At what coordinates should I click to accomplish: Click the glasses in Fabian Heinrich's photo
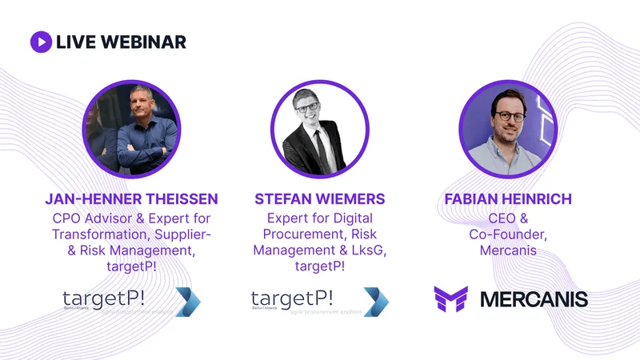pos(509,115)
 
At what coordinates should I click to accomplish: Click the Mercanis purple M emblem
pos(450,299)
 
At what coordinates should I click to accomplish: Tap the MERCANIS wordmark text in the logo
pos(534,299)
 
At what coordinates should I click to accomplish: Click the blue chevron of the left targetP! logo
pos(189,301)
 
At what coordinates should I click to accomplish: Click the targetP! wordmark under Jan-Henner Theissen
pos(104,298)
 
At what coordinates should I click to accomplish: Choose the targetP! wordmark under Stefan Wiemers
pos(291,298)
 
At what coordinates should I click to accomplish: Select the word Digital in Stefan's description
pos(350,218)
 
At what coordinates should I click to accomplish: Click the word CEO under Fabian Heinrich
pos(500,218)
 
